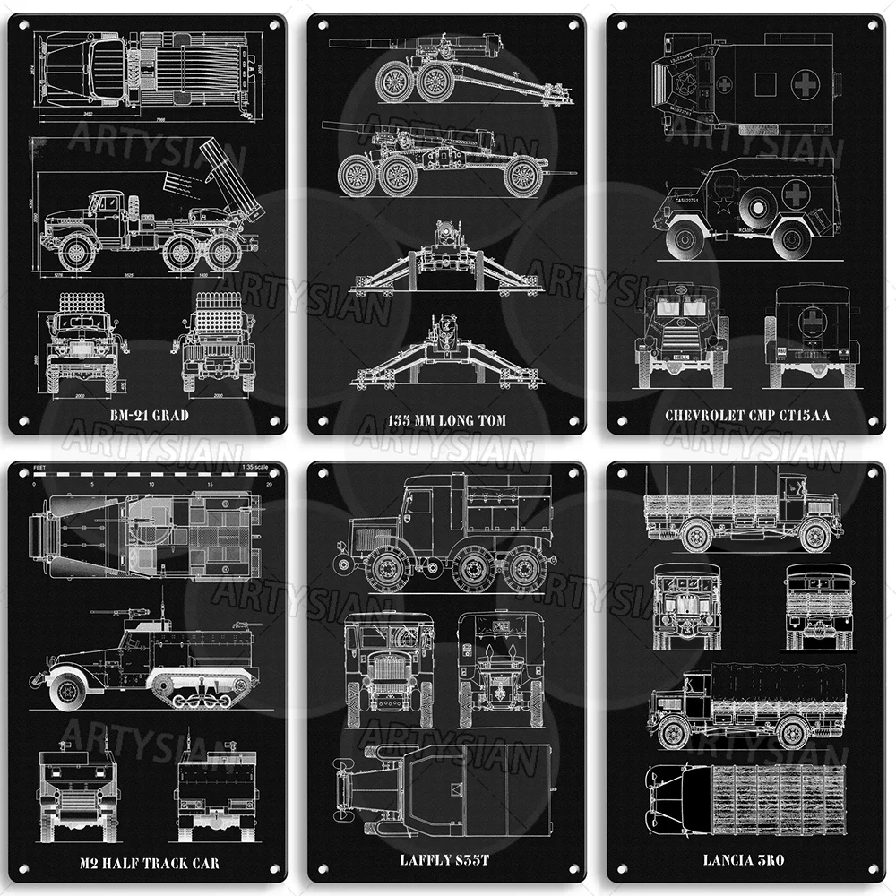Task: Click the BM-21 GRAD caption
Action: coord(147,416)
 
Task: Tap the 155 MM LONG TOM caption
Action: coord(446,419)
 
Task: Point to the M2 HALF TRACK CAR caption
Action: coord(147,864)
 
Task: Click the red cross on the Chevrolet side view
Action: coord(796,194)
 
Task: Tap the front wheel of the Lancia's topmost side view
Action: coord(814,535)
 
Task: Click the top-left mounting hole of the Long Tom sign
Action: coord(321,26)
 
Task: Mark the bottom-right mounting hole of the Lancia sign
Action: coord(871,870)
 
